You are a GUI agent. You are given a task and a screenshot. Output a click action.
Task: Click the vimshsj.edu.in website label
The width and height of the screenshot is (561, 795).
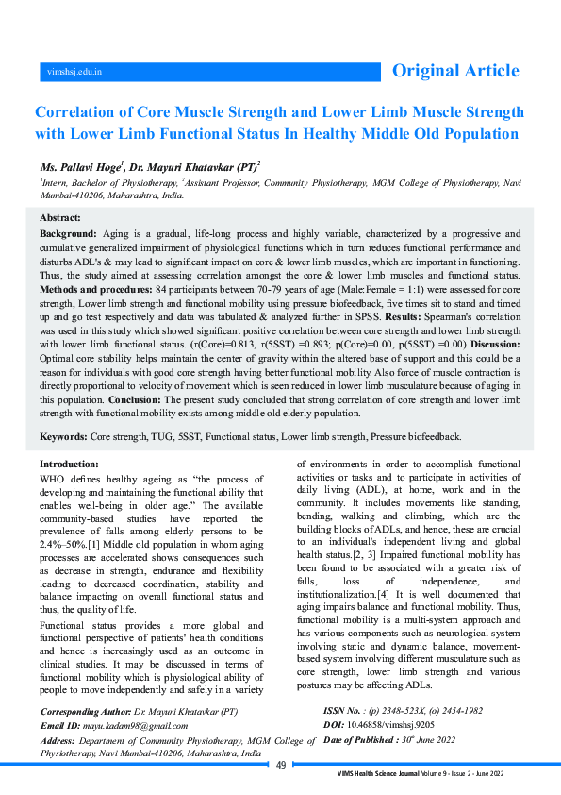(74, 71)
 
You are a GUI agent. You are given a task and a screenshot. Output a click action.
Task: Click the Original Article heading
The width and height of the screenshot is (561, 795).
(455, 71)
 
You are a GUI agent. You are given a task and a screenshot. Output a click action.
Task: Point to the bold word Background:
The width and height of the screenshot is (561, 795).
(68, 232)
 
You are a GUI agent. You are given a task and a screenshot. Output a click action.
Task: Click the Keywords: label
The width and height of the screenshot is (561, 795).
(63, 437)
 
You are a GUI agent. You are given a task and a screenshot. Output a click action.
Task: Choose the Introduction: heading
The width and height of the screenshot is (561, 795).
(69, 465)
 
